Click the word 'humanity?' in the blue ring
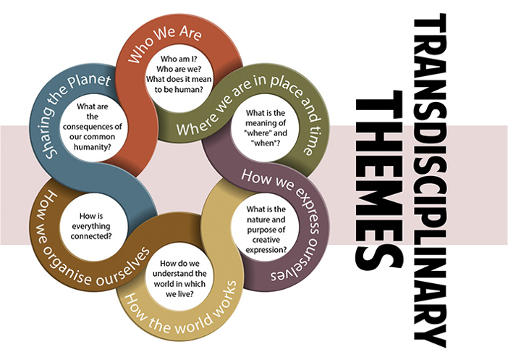(97, 146)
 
